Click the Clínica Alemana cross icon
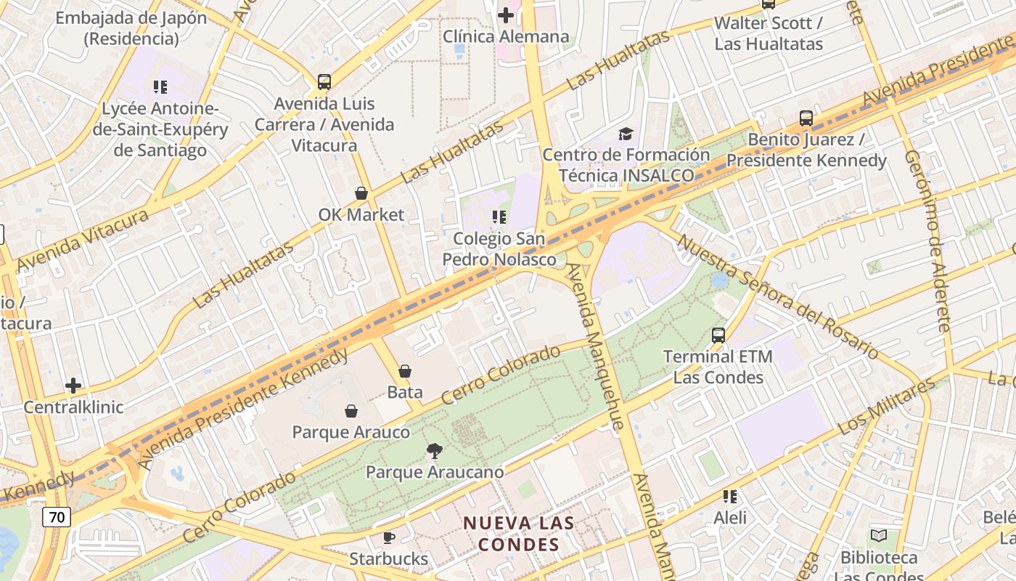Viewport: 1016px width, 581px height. pos(506,15)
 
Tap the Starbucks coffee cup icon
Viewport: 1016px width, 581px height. pos(389,537)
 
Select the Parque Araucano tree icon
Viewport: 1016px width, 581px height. pos(435,451)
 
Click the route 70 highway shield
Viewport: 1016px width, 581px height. pos(56,517)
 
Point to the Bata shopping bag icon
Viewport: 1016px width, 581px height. pos(405,371)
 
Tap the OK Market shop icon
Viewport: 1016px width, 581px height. pos(361,193)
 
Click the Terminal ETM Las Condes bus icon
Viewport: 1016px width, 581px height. pos(718,336)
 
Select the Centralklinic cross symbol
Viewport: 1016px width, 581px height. pos(73,386)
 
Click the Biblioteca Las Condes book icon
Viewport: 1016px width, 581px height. pos(879,536)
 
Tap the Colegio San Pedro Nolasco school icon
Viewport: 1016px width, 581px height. pos(499,217)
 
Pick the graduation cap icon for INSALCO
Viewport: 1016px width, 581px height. pos(626,134)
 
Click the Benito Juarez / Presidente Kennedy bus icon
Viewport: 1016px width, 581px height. pos(806,118)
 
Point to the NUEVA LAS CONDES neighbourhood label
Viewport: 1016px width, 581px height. pos(519,534)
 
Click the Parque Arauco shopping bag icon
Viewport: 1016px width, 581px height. pos(351,411)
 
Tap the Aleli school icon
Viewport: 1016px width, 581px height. pos(730,497)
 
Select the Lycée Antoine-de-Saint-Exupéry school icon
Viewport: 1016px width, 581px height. pos(160,88)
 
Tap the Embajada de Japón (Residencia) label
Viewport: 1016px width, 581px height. pos(131,28)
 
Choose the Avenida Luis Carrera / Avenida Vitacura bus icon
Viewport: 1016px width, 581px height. pos(324,82)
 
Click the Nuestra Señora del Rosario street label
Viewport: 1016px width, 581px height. pos(777,296)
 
